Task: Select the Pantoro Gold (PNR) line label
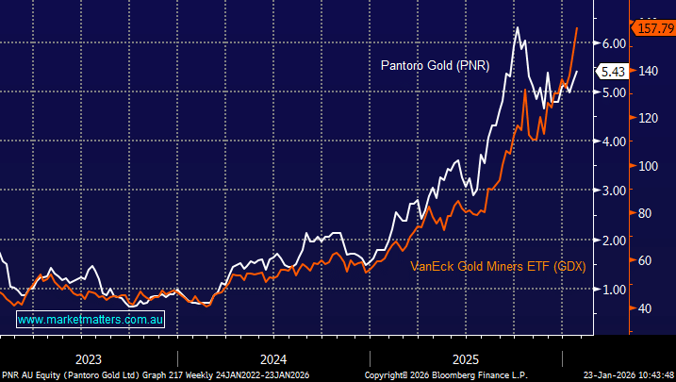[x=435, y=66]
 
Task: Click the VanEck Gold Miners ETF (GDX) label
[x=498, y=267]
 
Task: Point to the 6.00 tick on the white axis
[x=616, y=43]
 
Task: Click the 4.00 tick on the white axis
[x=616, y=141]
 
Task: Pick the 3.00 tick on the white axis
[x=616, y=191]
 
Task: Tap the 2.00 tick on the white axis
[x=616, y=240]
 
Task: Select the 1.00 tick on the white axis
[x=616, y=289]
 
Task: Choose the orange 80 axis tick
[x=648, y=213]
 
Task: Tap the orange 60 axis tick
[x=648, y=260]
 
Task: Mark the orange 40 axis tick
[x=648, y=308]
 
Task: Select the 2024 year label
[x=273, y=359]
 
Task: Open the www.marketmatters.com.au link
[x=91, y=321]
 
